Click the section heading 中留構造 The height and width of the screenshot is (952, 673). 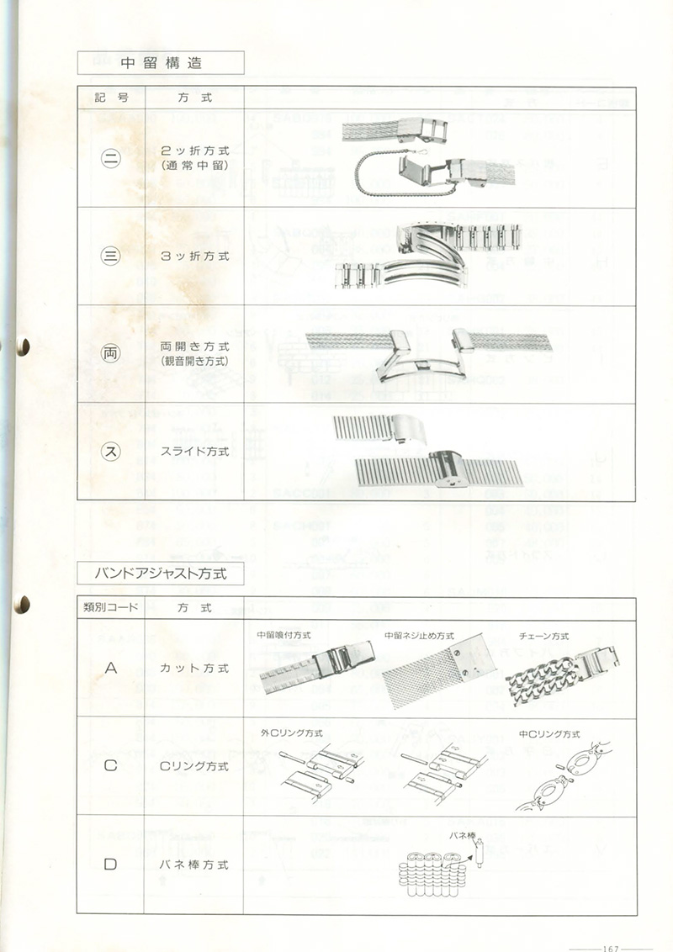[161, 63]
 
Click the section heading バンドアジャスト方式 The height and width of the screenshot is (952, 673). [161, 574]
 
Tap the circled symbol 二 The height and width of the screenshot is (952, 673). [112, 158]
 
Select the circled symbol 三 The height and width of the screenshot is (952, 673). [112, 256]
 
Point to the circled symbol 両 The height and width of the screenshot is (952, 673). [112, 353]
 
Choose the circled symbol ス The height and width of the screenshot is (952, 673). [112, 451]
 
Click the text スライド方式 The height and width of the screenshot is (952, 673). [194, 451]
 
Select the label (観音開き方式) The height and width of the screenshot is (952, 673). [194, 362]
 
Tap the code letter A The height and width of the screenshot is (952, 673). [111, 669]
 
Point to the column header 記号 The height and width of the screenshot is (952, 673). [111, 97]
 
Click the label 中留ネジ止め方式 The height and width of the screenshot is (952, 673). [418, 636]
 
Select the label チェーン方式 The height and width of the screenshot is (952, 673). [543, 636]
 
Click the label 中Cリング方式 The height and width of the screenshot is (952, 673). [549, 733]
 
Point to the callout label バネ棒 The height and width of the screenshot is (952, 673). [462, 834]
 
